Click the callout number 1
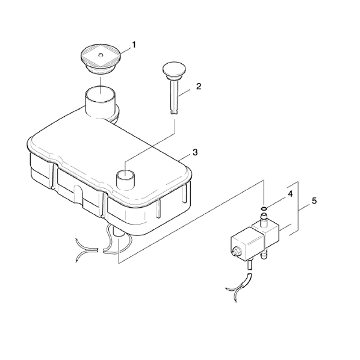134,45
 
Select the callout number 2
199,86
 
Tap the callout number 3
195,152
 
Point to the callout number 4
290,194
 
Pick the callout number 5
314,201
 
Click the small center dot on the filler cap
101,55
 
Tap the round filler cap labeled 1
101,59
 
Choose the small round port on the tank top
125,176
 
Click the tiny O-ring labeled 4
264,208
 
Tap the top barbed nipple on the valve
264,219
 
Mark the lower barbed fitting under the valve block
264,253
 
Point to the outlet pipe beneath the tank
119,233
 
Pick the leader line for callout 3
184,157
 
